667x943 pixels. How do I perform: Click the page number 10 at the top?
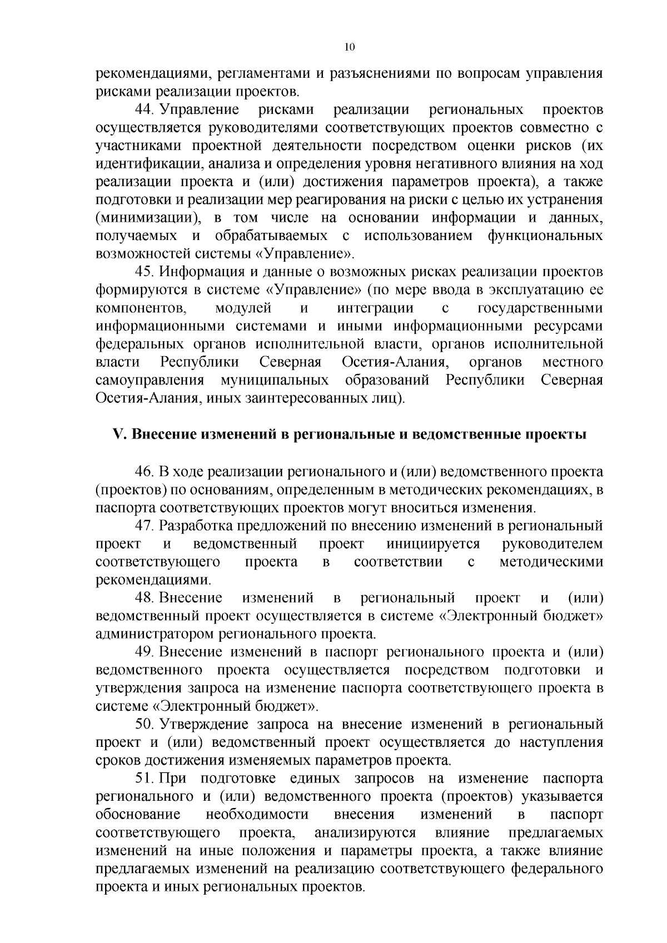(x=349, y=48)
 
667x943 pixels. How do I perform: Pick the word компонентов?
(x=140, y=308)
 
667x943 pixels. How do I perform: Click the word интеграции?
(x=375, y=308)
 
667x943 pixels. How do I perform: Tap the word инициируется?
(x=433, y=543)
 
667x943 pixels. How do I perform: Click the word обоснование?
(x=138, y=815)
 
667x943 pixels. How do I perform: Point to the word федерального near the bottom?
(x=557, y=869)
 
